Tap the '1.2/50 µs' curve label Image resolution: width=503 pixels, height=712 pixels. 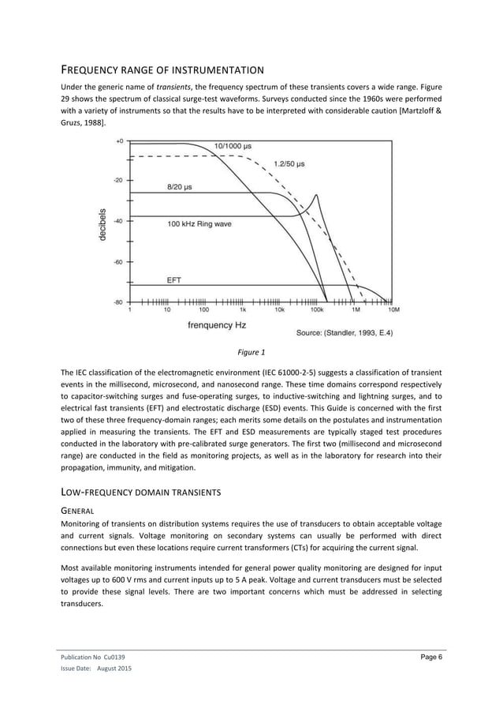(x=289, y=164)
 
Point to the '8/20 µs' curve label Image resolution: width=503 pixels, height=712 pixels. (x=180, y=187)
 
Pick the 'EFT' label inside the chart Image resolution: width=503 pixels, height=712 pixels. (x=174, y=279)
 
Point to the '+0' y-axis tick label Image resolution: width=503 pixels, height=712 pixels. (x=120, y=141)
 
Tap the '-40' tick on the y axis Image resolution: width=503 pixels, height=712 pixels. (x=118, y=221)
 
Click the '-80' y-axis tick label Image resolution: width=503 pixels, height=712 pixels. (x=118, y=302)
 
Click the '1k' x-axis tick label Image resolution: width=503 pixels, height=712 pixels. (x=242, y=310)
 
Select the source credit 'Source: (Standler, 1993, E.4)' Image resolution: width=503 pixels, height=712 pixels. (x=344, y=332)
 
